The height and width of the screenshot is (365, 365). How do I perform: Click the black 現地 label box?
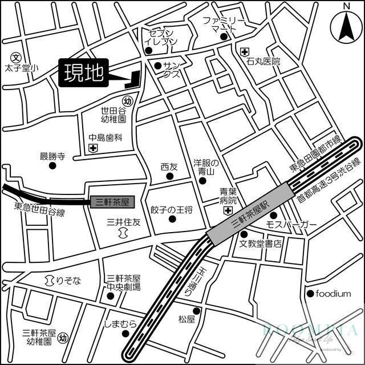coord(83,74)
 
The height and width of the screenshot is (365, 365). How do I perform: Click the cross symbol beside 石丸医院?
coord(244,52)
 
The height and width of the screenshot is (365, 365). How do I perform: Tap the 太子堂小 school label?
coord(20,68)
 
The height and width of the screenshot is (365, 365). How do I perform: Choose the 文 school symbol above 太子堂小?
coord(16,57)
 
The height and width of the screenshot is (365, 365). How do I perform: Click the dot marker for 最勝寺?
coord(52,166)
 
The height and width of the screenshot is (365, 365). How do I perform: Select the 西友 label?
coord(169,167)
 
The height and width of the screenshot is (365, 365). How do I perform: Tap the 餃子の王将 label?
coord(172,210)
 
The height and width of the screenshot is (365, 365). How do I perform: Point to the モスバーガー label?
coord(291,225)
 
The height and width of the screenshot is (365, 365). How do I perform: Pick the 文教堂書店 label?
coord(261,244)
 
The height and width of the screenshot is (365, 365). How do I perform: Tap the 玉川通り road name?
coord(200,282)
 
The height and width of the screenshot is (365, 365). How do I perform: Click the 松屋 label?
coord(186,319)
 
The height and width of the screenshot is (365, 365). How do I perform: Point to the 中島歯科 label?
coord(106,137)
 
